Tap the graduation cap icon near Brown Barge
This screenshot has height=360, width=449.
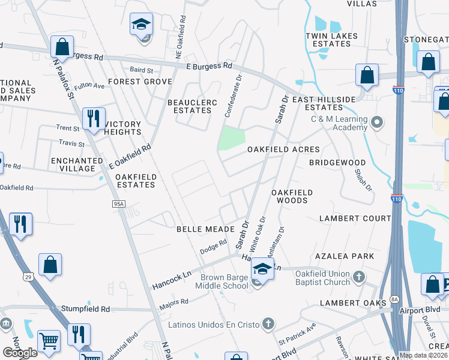pyautogui.click(x=262, y=268)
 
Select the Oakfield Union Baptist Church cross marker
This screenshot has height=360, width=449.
pyautogui.click(x=358, y=277)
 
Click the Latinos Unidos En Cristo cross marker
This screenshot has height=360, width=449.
pyautogui.click(x=268, y=325)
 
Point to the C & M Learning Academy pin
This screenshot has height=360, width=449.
pyautogui.click(x=377, y=123)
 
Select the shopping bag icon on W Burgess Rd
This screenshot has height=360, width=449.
pyautogui.click(x=62, y=46)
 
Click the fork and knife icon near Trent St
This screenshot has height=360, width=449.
pyautogui.click(x=93, y=118)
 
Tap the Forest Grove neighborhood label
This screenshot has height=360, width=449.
pyautogui.click(x=140, y=82)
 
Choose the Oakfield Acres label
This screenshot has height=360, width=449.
pyautogui.click(x=283, y=149)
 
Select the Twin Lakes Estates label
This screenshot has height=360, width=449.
pyautogui.click(x=331, y=40)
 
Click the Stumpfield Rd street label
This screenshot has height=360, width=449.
pyautogui.click(x=85, y=309)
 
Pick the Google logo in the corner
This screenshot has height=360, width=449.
pyautogui.click(x=20, y=352)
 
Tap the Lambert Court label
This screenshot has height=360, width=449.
pyautogui.click(x=355, y=218)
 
